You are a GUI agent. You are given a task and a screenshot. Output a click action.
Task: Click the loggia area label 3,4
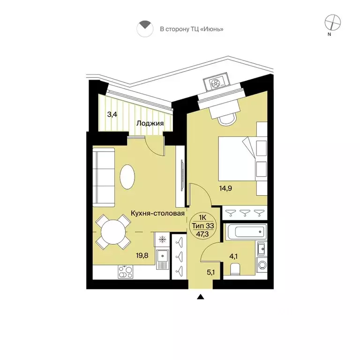(x=112, y=114)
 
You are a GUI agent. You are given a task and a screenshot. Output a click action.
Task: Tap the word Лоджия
(x=150, y=124)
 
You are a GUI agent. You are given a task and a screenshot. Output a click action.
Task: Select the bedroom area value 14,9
(x=225, y=188)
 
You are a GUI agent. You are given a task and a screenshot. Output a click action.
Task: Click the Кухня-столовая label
(x=157, y=214)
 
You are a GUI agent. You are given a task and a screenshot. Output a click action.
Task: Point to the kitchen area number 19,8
(x=142, y=255)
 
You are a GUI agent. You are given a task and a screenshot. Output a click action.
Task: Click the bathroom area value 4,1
(x=233, y=256)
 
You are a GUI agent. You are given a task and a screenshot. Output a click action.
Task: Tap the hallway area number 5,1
(x=211, y=272)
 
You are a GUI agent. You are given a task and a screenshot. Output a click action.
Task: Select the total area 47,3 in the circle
(x=203, y=234)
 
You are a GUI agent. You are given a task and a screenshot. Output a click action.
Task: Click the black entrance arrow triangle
(x=201, y=297)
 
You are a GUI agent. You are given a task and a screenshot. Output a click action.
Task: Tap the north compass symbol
(x=332, y=22)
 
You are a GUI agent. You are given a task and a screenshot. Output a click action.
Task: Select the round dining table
(x=113, y=232)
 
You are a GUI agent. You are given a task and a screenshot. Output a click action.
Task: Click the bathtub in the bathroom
(x=246, y=232)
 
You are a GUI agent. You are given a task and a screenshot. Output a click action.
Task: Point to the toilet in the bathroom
(x=235, y=269)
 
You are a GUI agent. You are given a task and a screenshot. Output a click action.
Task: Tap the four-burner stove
(x=125, y=272)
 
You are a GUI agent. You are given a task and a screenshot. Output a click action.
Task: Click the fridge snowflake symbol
(x=163, y=240)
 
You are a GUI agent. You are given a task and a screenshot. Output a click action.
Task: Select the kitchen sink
(x=163, y=257)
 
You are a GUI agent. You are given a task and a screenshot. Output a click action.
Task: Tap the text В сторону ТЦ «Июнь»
(x=191, y=29)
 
